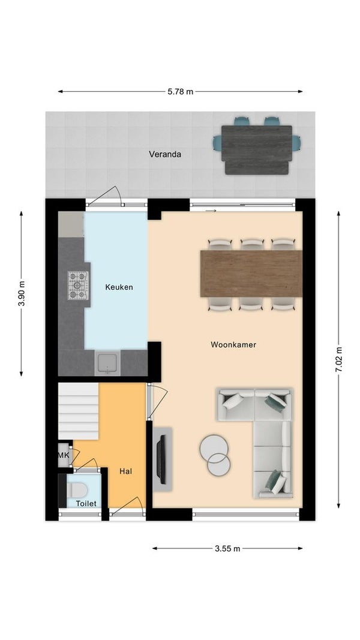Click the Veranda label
pos(165,154)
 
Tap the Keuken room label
pos(119,287)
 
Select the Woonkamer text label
pos(233,344)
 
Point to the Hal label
pos(126,471)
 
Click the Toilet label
pos(86,503)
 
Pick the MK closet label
pos(63,455)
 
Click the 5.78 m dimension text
pos(181,91)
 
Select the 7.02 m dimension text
pos(338,359)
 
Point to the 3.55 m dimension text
pos(228,549)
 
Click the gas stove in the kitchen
pos(78,286)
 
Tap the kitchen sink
pos(107,363)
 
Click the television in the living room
pos(162,459)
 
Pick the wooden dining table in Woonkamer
pos(251,274)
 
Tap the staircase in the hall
pos(79,411)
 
